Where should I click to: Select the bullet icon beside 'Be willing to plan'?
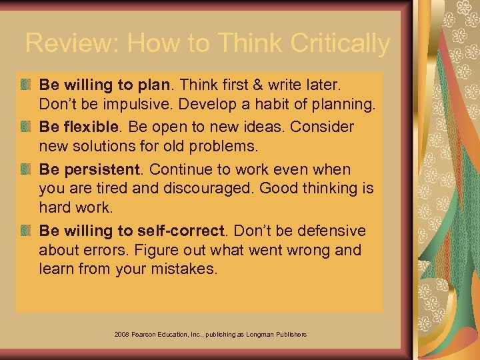(x=26, y=85)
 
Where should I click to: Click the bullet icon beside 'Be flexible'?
(x=26, y=127)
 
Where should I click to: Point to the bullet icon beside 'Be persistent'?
(x=26, y=169)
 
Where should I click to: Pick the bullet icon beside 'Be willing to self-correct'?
(x=26, y=231)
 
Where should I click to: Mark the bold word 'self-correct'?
(x=181, y=231)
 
